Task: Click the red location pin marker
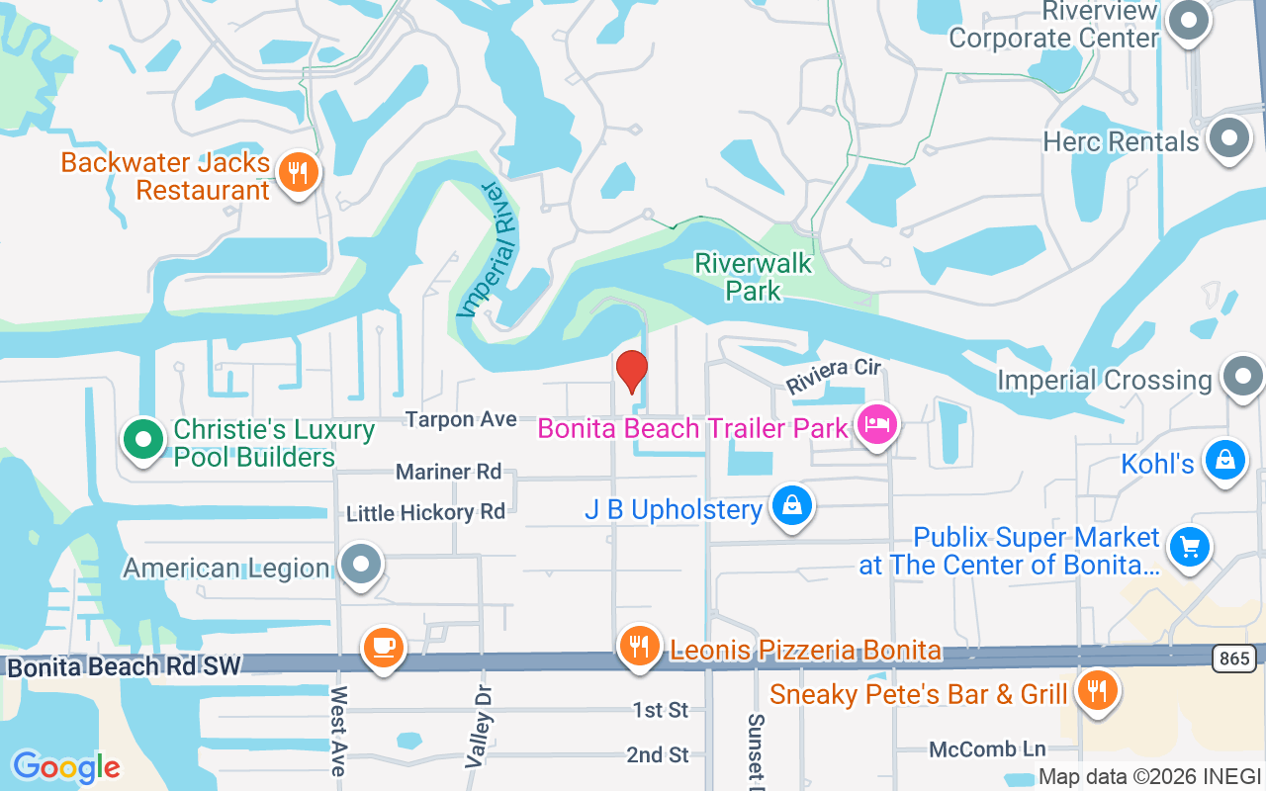tap(631, 371)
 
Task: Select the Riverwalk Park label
tap(754, 277)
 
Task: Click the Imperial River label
tap(489, 249)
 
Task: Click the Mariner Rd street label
tap(449, 472)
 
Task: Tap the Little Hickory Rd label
tap(425, 512)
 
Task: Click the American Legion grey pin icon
tap(361, 566)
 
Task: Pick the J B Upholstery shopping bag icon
tap(792, 506)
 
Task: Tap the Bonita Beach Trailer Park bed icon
tap(876, 426)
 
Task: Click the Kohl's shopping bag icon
tap(1225, 461)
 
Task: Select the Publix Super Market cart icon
tap(1189, 547)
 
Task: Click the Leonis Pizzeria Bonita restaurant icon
tap(640, 647)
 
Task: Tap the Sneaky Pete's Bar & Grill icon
tap(1097, 690)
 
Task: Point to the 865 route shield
tap(1235, 658)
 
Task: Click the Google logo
tap(66, 766)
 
